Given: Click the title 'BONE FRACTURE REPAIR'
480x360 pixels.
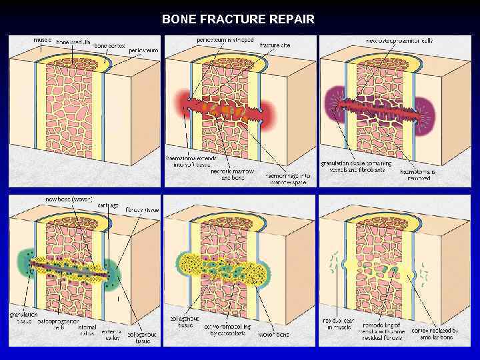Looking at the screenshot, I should [238, 19].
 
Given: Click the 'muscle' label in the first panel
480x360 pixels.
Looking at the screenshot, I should [43, 40].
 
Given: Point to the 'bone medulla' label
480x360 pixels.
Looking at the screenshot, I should [74, 43].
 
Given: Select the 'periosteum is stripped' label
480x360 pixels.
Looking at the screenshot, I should [225, 40].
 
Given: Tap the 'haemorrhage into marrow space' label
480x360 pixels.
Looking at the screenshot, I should [287, 177].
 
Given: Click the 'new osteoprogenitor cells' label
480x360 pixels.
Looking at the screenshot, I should [399, 41].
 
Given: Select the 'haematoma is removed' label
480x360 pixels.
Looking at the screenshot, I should [418, 175].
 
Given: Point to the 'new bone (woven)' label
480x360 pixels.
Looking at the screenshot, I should [68, 199].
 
